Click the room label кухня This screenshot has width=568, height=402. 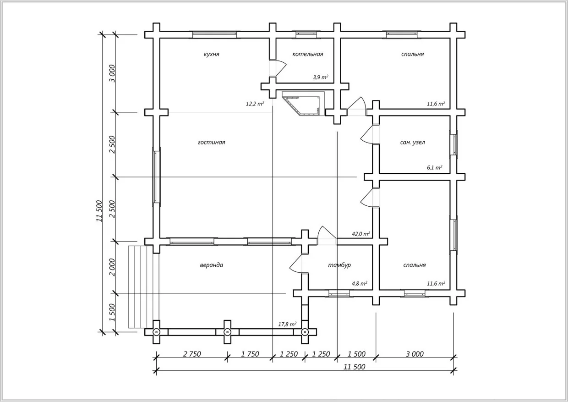(212, 54)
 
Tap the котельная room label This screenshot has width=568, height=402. (307, 54)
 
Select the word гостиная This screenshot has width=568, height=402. (212, 143)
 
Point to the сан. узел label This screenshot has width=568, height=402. (413, 143)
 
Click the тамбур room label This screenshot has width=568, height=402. (339, 265)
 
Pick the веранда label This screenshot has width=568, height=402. (212, 265)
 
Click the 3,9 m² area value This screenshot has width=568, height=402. (321, 77)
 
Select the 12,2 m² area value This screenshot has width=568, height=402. (255, 104)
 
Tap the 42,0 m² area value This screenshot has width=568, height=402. (360, 233)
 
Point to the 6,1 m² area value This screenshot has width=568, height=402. (435, 167)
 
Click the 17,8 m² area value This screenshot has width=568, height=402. (287, 325)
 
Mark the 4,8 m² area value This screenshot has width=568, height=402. (359, 283)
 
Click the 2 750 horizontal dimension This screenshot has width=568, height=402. (192, 354)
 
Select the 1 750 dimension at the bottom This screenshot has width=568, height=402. (250, 354)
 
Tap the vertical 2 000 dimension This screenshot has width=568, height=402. (113, 268)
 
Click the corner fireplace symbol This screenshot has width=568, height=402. (304, 104)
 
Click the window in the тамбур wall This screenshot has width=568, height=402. (339, 294)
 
